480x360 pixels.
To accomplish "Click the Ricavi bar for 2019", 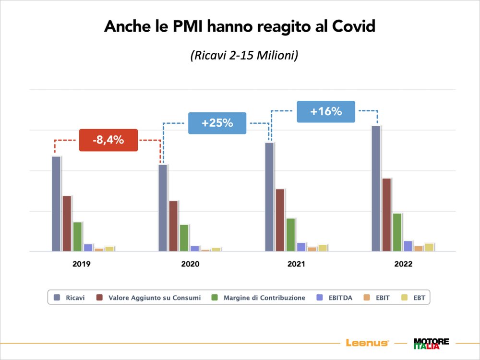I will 56,204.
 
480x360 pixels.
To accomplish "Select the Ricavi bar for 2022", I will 376,188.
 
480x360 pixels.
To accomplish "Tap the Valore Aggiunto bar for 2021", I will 280,220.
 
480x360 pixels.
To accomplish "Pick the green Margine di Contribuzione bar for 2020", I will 184,238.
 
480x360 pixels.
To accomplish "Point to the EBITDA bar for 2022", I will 408,246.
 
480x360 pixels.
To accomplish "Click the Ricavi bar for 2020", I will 163,207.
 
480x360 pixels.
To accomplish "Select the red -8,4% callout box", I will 108,140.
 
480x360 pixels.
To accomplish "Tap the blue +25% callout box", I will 217,123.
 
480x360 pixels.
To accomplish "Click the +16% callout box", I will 326,111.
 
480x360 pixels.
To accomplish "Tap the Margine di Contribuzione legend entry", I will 259,298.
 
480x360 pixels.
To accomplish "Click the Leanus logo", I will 367,343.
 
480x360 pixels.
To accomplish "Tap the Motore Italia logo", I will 431,343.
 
